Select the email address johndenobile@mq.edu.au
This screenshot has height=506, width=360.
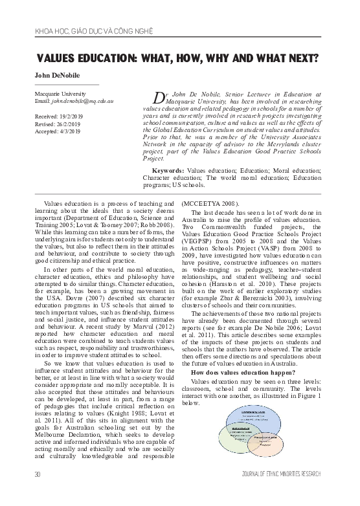coord(82,102)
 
